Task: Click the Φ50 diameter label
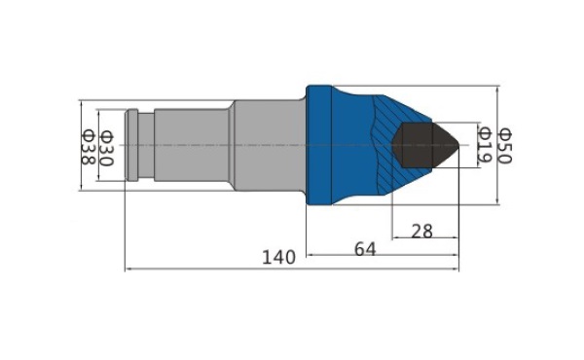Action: point(506,146)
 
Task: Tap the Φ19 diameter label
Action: point(485,145)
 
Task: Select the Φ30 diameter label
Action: point(107,148)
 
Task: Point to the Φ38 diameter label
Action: point(89,147)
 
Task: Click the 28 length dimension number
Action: point(422,232)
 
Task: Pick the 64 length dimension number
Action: point(365,249)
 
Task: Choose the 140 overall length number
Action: point(279,257)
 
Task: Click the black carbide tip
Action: point(425,145)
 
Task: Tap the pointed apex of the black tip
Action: point(458,145)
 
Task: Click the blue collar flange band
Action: point(319,145)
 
